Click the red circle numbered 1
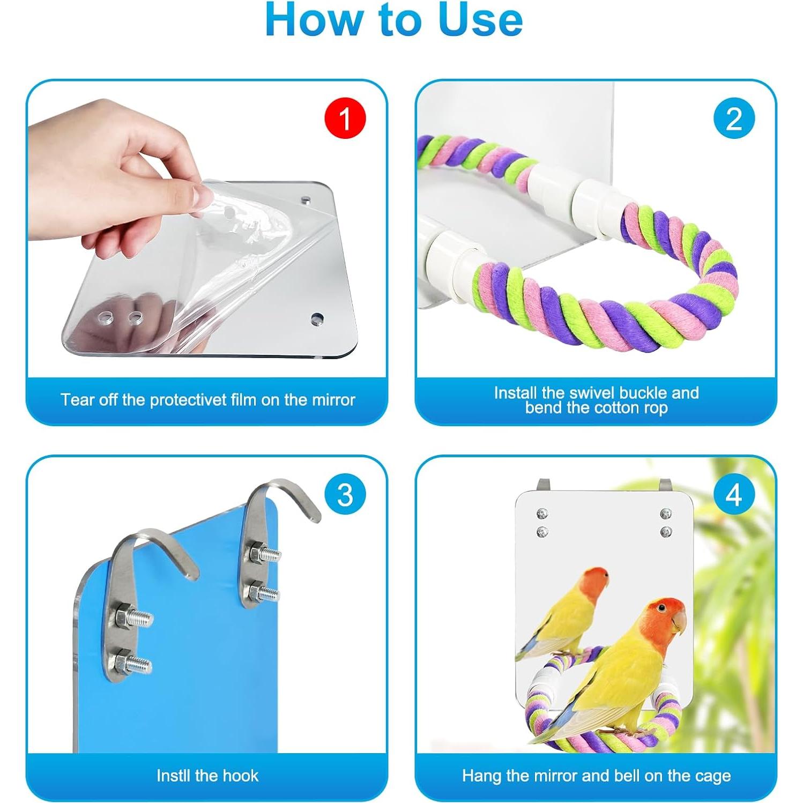(x=345, y=118)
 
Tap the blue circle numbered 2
(x=734, y=118)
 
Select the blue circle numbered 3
(x=345, y=494)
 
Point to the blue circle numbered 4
(x=734, y=494)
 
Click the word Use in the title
(x=480, y=20)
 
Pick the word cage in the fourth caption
(x=713, y=776)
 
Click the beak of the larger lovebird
(x=679, y=622)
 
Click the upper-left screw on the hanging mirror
(x=542, y=514)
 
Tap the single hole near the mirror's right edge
(x=317, y=319)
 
